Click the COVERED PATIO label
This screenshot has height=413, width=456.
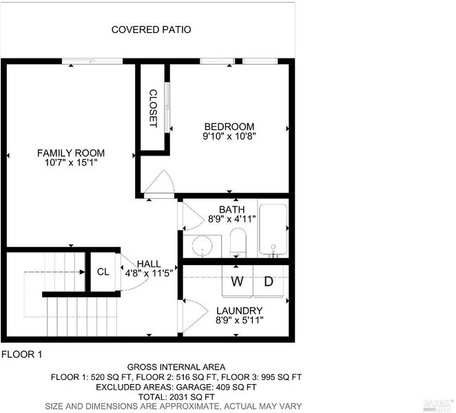152,30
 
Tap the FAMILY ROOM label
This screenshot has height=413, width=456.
71,153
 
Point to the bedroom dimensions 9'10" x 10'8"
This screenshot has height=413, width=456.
229,136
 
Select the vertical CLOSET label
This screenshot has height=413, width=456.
153,108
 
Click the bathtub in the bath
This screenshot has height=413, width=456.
273,229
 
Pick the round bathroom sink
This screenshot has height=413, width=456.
202,245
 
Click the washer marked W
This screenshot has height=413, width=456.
238,282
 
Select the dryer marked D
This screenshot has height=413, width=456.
269,282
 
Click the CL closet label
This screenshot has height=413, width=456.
103,272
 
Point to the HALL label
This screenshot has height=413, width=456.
149,264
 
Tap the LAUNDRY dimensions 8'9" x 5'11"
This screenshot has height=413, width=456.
240,320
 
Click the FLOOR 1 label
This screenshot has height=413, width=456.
22,354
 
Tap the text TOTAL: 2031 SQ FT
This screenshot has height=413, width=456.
176,396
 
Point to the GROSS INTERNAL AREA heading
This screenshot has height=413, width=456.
176,367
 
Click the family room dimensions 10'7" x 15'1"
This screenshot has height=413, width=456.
71,162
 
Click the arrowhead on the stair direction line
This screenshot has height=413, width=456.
83,272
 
